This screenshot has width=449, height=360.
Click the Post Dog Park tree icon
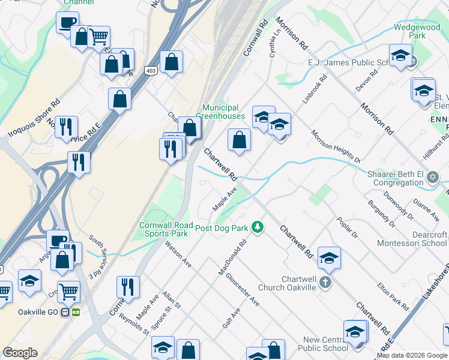click(x=258, y=227)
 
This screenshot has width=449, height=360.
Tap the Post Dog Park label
click(x=221, y=229)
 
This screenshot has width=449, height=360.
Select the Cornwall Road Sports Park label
click(x=166, y=229)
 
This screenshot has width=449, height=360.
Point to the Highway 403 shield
click(x=151, y=71)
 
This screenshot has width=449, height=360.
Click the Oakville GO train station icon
click(x=76, y=312)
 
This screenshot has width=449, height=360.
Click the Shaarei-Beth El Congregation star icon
click(x=432, y=178)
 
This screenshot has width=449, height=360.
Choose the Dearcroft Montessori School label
click(x=412, y=239)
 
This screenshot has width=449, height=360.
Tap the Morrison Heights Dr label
click(x=335, y=146)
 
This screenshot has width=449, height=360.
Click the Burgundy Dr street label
click(x=382, y=214)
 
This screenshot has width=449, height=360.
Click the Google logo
click(x=20, y=353)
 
